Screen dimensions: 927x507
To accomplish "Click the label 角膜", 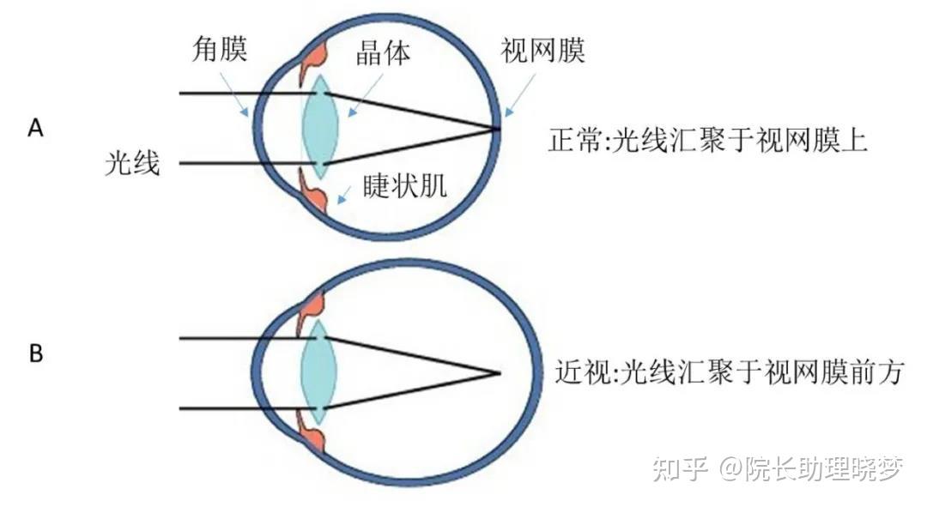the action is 220,48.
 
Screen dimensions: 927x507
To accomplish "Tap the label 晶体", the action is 383,53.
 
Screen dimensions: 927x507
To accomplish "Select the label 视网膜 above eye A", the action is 542,51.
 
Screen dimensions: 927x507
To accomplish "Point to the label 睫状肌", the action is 405,185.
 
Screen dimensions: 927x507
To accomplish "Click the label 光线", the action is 132,162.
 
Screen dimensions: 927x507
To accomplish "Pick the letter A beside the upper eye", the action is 35,128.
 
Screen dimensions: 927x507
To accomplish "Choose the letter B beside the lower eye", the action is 35,353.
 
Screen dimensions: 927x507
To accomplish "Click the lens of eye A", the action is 319,126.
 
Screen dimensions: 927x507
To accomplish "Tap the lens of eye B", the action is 318,372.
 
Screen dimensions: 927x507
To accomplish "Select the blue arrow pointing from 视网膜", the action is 520,94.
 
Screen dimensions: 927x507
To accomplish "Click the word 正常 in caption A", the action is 576,141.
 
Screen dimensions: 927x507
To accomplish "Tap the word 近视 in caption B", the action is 583,372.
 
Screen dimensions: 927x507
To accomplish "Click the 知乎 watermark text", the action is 680,468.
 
